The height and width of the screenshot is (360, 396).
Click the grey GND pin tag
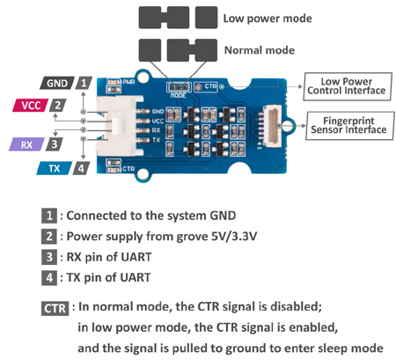pyautogui.click(x=55, y=83)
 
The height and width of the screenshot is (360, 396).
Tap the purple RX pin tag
pyautogui.click(x=25, y=143)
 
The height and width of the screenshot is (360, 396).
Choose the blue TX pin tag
pyautogui.click(x=54, y=167)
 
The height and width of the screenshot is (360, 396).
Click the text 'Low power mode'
pyautogui.click(x=266, y=18)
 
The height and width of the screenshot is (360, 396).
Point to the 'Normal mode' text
pyautogui.click(x=259, y=50)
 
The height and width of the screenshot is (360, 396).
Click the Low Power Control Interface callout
pyautogui.click(x=347, y=84)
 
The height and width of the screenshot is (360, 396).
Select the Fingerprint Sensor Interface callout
pyautogui.click(x=347, y=124)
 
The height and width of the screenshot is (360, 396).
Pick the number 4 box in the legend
pyautogui.click(x=51, y=278)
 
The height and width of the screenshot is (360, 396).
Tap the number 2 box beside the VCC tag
pyautogui.click(x=57, y=106)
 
